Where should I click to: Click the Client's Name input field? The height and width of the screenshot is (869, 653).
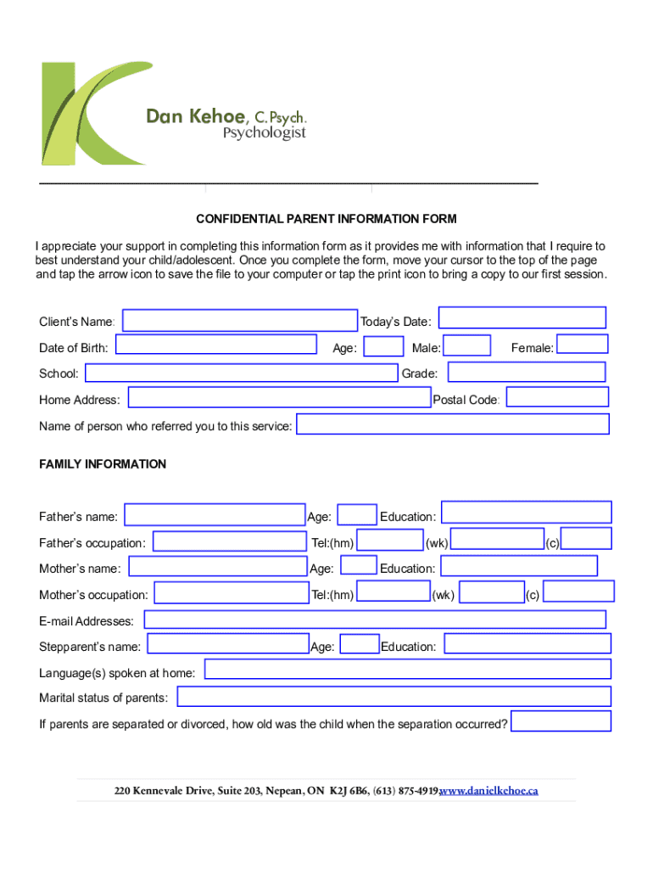240,320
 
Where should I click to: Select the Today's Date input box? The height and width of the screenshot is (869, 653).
522,317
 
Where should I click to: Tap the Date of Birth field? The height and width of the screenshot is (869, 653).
216,345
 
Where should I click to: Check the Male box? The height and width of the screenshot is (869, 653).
467,345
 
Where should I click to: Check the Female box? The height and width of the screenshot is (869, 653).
582,344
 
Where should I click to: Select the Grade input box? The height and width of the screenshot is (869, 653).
526,372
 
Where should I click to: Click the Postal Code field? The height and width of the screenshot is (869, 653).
557,396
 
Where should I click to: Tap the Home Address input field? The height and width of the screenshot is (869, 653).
279,398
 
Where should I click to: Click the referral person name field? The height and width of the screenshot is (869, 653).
452,424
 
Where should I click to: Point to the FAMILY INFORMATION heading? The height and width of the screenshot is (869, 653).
103,464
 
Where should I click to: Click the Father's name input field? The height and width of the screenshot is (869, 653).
214,515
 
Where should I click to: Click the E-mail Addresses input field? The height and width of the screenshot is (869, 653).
374,620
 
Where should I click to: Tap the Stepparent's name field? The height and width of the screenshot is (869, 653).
227,645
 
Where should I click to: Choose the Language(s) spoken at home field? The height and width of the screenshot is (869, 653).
407,670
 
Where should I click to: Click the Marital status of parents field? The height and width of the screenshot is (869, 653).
393,697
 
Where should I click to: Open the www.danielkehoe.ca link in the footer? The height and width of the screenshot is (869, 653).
489,791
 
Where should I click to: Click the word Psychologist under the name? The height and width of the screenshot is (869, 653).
264,133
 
